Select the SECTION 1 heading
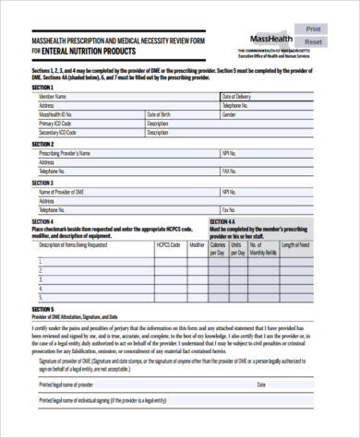(x=43, y=88)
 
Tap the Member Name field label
(x=54, y=96)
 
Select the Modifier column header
(x=197, y=245)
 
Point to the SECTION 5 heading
(x=43, y=310)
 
